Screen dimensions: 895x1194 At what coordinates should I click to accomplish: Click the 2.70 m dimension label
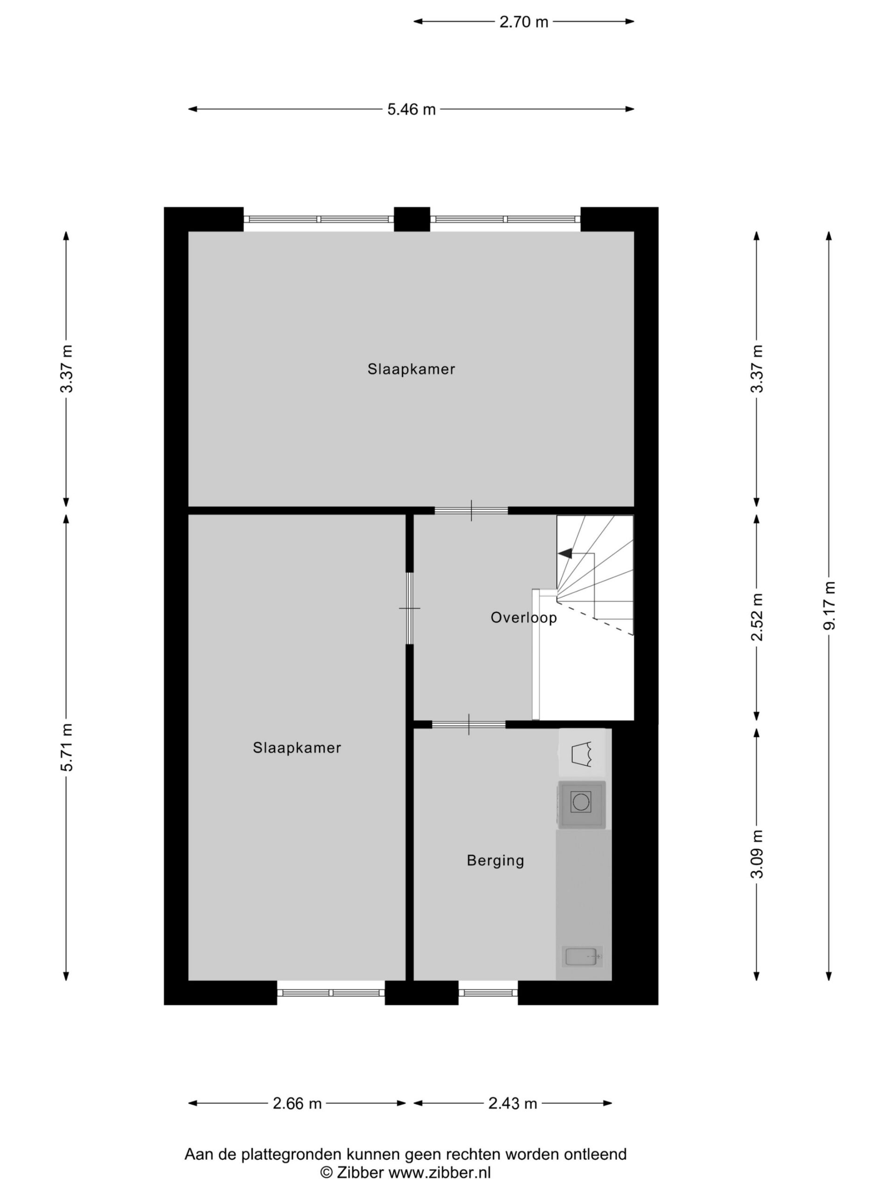(x=523, y=22)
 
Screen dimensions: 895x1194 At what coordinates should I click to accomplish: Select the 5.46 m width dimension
(x=411, y=110)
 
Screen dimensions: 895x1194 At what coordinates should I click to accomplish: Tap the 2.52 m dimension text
(x=757, y=617)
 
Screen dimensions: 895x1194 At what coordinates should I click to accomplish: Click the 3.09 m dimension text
(x=757, y=854)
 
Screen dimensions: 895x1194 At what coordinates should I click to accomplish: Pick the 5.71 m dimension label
(x=66, y=747)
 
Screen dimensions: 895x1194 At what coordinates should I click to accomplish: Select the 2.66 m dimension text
(x=297, y=1104)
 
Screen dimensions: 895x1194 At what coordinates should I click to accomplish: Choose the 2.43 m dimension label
(x=512, y=1104)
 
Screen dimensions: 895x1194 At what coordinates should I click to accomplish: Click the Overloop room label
(x=523, y=618)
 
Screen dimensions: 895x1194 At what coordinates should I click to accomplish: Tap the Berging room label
(x=495, y=861)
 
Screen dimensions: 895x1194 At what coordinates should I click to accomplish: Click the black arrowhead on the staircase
(x=565, y=553)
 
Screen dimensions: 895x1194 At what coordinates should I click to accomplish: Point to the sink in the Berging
(x=582, y=957)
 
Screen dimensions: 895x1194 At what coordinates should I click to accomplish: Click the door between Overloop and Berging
(x=468, y=724)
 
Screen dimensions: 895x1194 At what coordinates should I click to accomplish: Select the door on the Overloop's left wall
(x=409, y=608)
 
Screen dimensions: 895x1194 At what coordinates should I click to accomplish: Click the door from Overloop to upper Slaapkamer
(x=471, y=511)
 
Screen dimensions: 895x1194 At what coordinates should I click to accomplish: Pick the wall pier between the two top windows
(x=412, y=219)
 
